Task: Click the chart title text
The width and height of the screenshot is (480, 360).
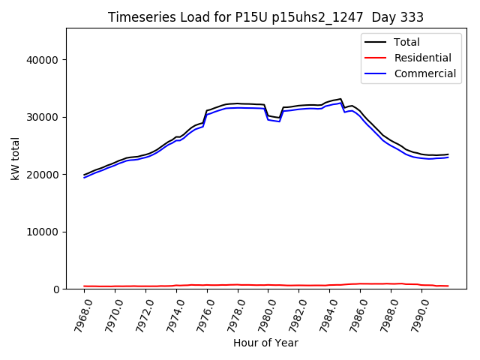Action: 265,17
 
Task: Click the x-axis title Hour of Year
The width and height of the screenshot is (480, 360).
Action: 265,343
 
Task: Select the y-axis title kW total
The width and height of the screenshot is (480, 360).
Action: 15,159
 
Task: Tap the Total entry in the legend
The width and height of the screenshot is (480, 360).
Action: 406,42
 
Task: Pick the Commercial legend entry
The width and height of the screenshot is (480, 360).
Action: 424,73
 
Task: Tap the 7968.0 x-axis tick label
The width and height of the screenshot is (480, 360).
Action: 78,313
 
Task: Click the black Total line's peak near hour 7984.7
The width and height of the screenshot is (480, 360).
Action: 340,99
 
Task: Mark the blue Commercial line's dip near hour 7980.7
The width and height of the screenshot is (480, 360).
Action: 279,121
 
